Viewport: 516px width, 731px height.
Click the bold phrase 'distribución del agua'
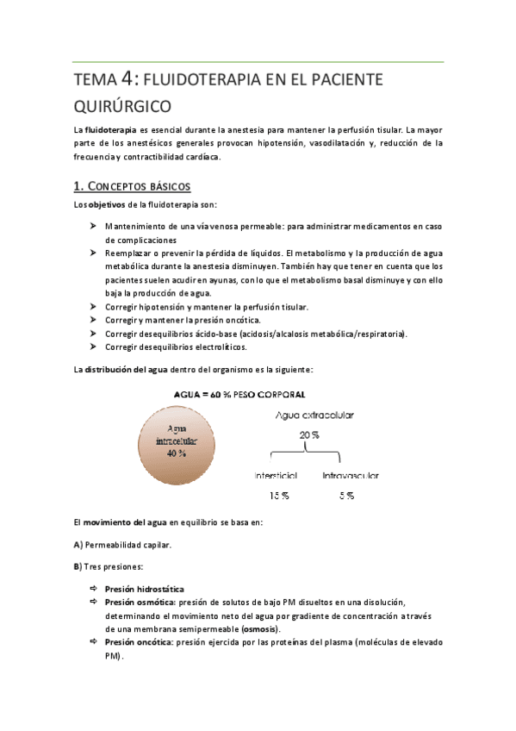125,369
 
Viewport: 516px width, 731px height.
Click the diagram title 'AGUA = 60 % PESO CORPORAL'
241,394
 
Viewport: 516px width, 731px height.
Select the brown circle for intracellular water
178,442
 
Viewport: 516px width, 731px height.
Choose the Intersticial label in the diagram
276,476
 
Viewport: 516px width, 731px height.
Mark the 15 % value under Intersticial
277,497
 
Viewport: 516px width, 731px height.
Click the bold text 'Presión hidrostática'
144,589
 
